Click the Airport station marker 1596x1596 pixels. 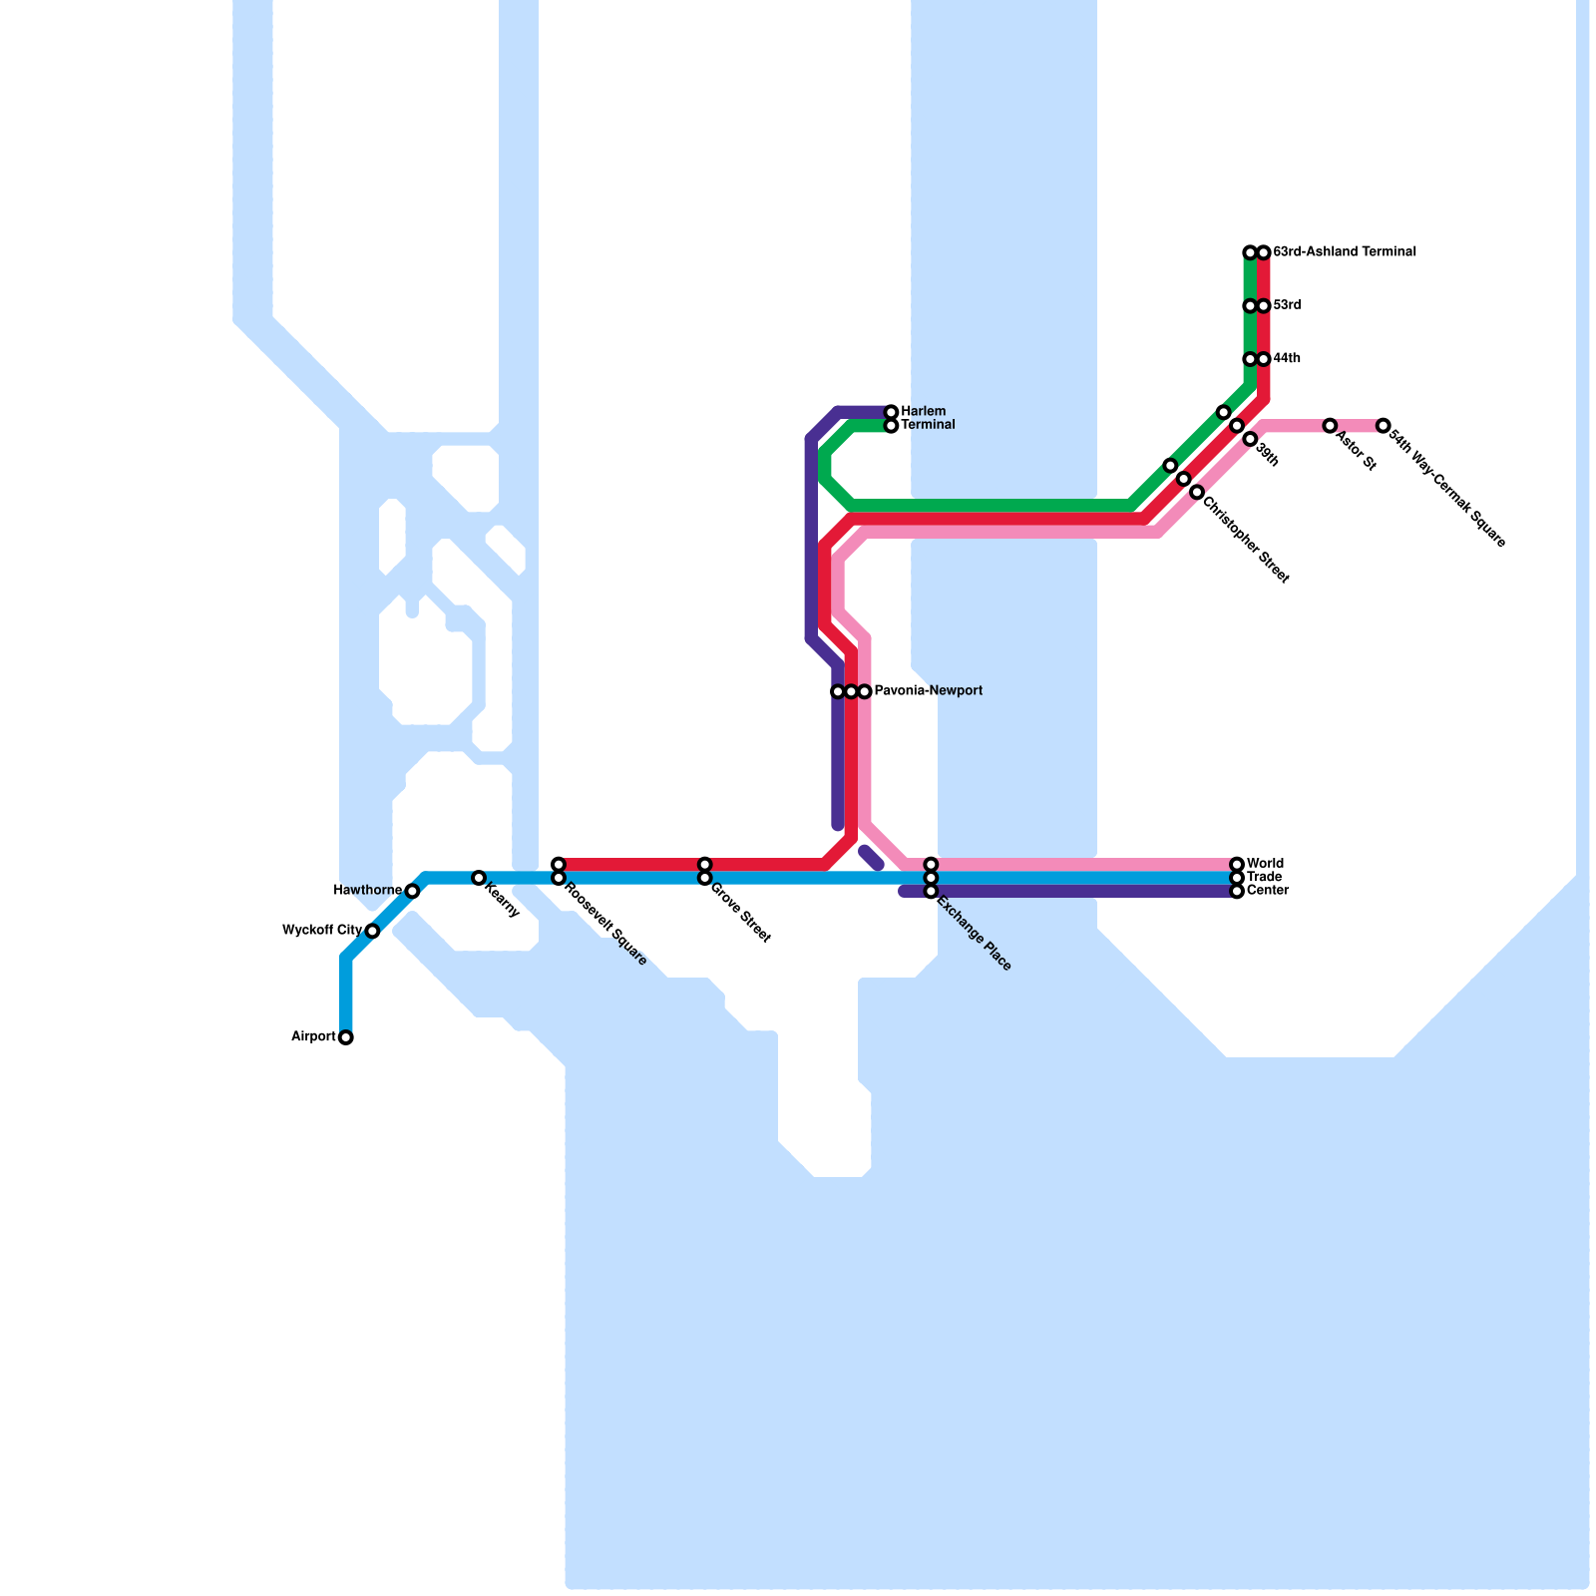pyautogui.click(x=345, y=1037)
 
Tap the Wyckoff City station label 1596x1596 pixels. pyautogui.click(x=321, y=931)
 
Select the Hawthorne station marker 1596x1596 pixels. pyautogui.click(x=412, y=891)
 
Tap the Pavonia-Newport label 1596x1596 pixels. pyautogui.click(x=928, y=691)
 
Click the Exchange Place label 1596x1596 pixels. pyautogui.click(x=974, y=935)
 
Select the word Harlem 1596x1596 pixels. pyautogui.click(x=923, y=412)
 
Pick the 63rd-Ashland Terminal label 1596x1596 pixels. pyautogui.click(x=1344, y=252)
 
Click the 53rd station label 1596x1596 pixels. pyautogui.click(x=1286, y=305)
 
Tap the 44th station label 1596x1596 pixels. pyautogui.click(x=1286, y=359)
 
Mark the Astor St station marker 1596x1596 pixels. pyautogui.click(x=1330, y=426)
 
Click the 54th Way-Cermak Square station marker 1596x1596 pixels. pyautogui.click(x=1383, y=426)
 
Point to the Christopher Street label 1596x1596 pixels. pyautogui.click(x=1246, y=540)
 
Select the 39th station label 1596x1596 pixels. pyautogui.click(x=1267, y=455)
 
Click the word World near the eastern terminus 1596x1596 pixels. pyautogui.click(x=1265, y=864)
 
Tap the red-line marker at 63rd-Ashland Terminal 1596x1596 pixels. pyautogui.click(x=1263, y=252)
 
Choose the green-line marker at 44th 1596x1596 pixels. pyautogui.click(x=1249, y=359)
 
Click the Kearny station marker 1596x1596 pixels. pyautogui.click(x=479, y=878)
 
